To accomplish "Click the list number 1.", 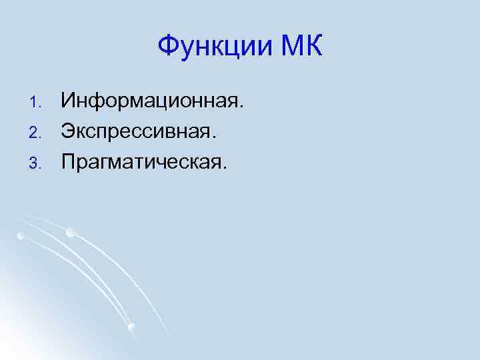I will pos(36,103).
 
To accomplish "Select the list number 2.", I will pos(36,133).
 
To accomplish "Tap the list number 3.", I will pos(36,163).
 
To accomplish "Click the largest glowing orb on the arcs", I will pos(70,232).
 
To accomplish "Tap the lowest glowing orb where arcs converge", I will pos(131,327).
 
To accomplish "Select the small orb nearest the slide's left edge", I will pos(21,235).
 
